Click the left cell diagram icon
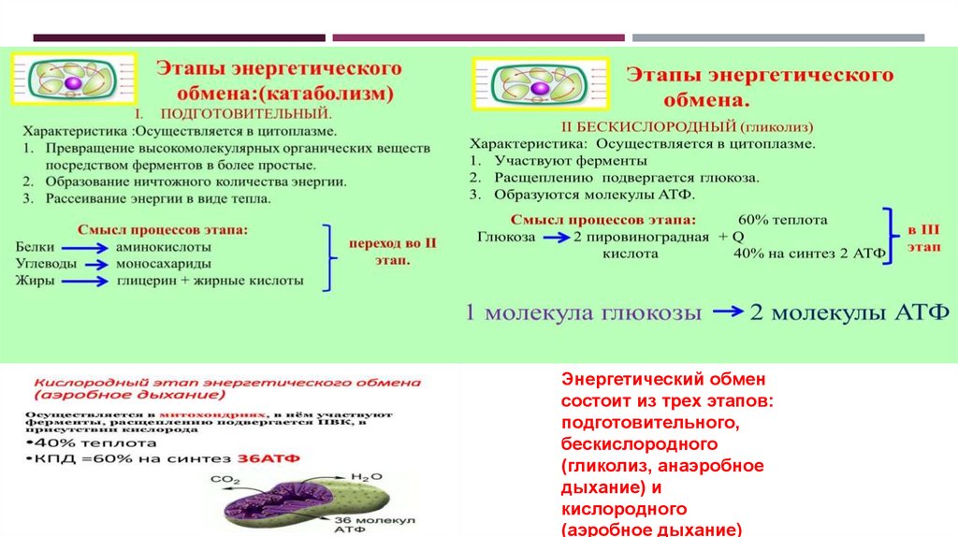73,80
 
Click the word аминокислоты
163,247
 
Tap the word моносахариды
163,264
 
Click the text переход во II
393,242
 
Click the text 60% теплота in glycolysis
782,220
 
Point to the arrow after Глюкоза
556,238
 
